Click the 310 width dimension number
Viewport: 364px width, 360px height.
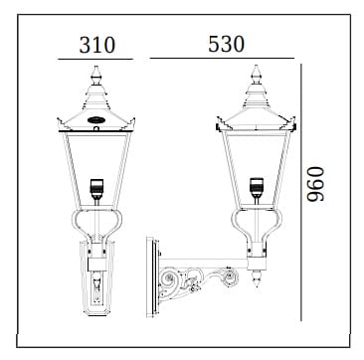[97, 45]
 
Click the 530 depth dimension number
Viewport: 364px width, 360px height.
[227, 44]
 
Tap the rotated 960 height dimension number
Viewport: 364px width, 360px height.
[315, 184]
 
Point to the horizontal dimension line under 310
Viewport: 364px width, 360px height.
[95, 60]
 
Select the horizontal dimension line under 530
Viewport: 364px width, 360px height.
[222, 59]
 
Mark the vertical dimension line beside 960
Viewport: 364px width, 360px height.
[301, 192]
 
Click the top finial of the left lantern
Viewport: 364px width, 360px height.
[95, 75]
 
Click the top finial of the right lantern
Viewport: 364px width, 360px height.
[256, 74]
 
